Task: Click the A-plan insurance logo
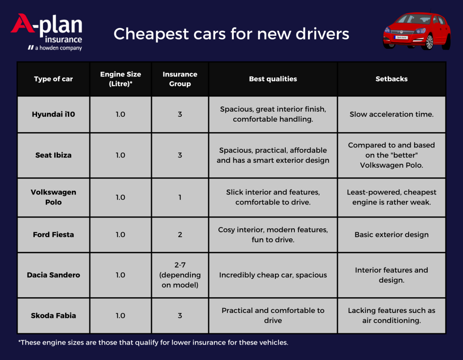click(47, 32)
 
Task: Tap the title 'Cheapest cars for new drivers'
click(231, 34)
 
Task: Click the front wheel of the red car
click(429, 43)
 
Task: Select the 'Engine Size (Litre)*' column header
click(120, 79)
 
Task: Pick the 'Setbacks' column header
click(391, 79)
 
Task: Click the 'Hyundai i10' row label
click(53, 114)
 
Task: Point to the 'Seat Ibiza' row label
click(53, 155)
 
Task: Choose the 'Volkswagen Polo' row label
click(53, 197)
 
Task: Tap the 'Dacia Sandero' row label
click(53, 275)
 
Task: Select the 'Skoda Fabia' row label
click(53, 315)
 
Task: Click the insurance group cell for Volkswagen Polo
click(180, 197)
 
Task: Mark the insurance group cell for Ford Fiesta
click(180, 235)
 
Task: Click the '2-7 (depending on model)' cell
click(180, 275)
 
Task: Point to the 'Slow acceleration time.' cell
click(391, 114)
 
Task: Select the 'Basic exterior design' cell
click(391, 235)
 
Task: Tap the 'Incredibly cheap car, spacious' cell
click(273, 275)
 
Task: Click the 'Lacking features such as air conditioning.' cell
click(391, 315)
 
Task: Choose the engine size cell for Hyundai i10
click(120, 114)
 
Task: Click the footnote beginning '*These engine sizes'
click(153, 342)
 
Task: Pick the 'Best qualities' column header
click(273, 79)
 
